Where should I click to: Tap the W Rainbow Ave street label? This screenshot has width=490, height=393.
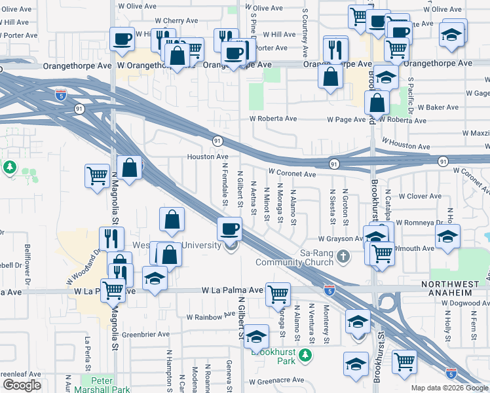210,316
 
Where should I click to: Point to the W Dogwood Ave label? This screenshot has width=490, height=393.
464,303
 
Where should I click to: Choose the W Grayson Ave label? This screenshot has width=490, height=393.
341,239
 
